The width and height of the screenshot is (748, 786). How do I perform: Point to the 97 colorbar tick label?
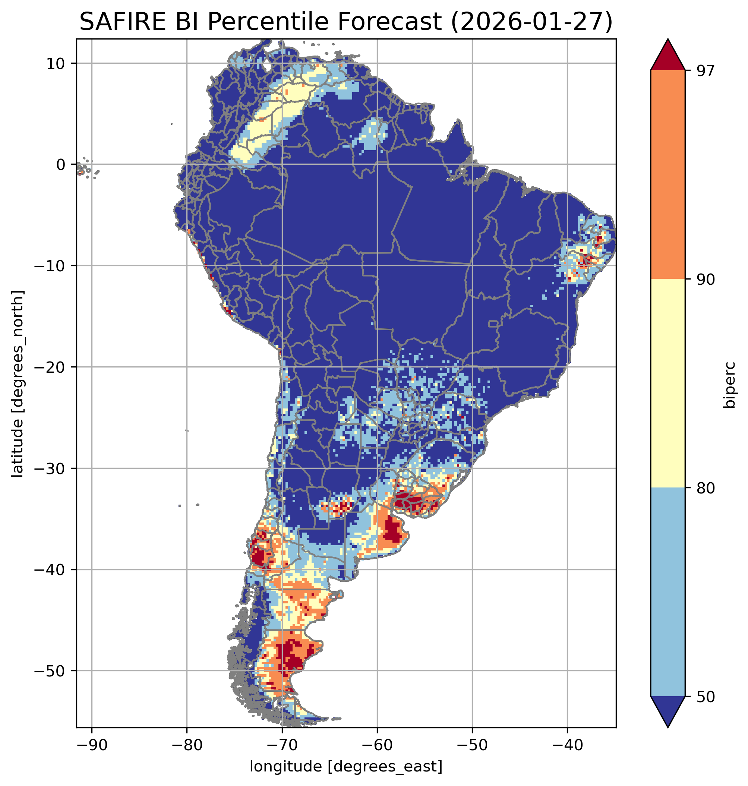pos(706,70)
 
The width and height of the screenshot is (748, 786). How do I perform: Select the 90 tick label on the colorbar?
pos(706,280)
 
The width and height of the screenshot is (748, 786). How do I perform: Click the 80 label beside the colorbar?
pos(706,488)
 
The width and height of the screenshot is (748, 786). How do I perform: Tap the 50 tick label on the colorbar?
pos(706,697)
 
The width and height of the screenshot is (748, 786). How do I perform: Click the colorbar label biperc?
pos(730,384)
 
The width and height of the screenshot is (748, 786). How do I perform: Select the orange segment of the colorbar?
pos(667,175)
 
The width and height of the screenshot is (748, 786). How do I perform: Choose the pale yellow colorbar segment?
pos(667,383)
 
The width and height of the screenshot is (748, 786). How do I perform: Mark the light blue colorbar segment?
pos(667,592)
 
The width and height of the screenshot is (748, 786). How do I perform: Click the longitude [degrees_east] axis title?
pos(346,766)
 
